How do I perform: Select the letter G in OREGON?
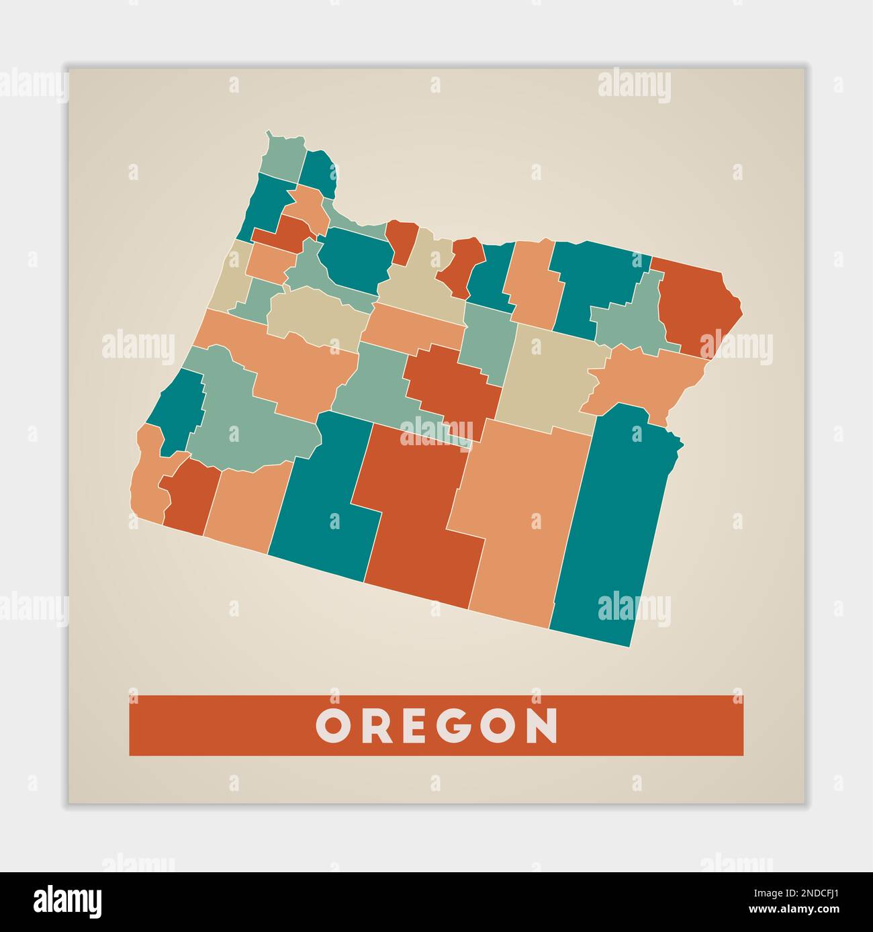(475, 726)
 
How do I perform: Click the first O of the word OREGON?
(331, 726)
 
